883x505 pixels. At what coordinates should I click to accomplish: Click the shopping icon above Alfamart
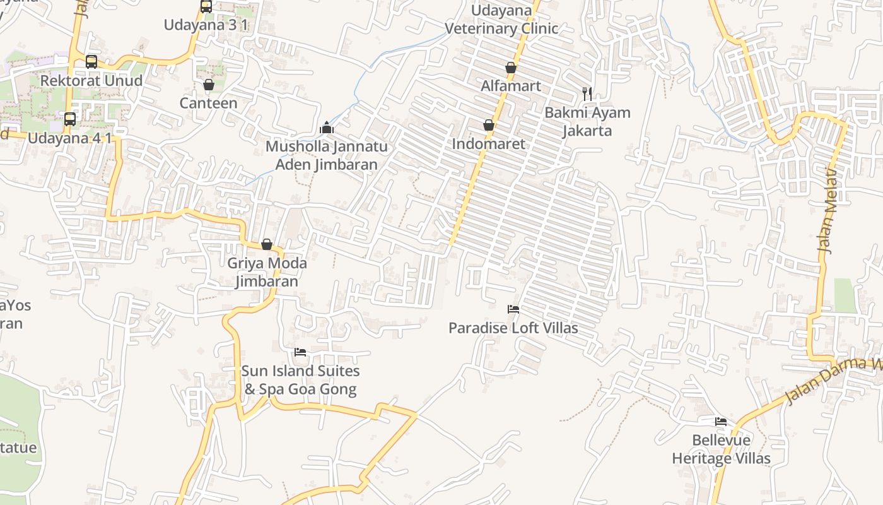click(511, 68)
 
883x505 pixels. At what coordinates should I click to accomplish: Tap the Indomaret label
click(488, 144)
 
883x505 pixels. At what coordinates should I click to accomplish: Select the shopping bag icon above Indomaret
click(488, 126)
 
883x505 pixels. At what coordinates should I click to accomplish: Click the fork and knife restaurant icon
click(587, 94)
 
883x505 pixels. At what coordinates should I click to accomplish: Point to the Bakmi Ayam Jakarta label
click(587, 122)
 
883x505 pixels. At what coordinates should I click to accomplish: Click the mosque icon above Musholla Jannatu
click(326, 128)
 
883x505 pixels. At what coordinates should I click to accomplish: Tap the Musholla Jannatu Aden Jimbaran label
click(326, 155)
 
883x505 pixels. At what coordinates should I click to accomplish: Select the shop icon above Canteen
click(209, 85)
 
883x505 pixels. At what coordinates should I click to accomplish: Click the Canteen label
click(209, 103)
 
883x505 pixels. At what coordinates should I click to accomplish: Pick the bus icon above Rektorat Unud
click(91, 61)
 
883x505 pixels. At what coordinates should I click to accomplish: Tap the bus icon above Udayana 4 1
click(70, 119)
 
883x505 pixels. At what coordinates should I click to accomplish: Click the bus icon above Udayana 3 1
click(206, 6)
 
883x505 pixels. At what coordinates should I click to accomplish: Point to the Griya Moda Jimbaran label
click(267, 272)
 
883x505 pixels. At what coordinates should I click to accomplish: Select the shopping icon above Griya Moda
click(267, 244)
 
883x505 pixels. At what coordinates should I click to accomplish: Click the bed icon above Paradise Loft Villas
click(513, 309)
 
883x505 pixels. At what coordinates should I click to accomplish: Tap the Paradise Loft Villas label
click(513, 328)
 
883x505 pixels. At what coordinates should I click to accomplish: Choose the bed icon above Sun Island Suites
click(300, 352)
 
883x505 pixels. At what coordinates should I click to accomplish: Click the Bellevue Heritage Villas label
click(721, 449)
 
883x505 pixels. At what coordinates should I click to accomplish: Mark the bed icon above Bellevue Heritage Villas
click(721, 422)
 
